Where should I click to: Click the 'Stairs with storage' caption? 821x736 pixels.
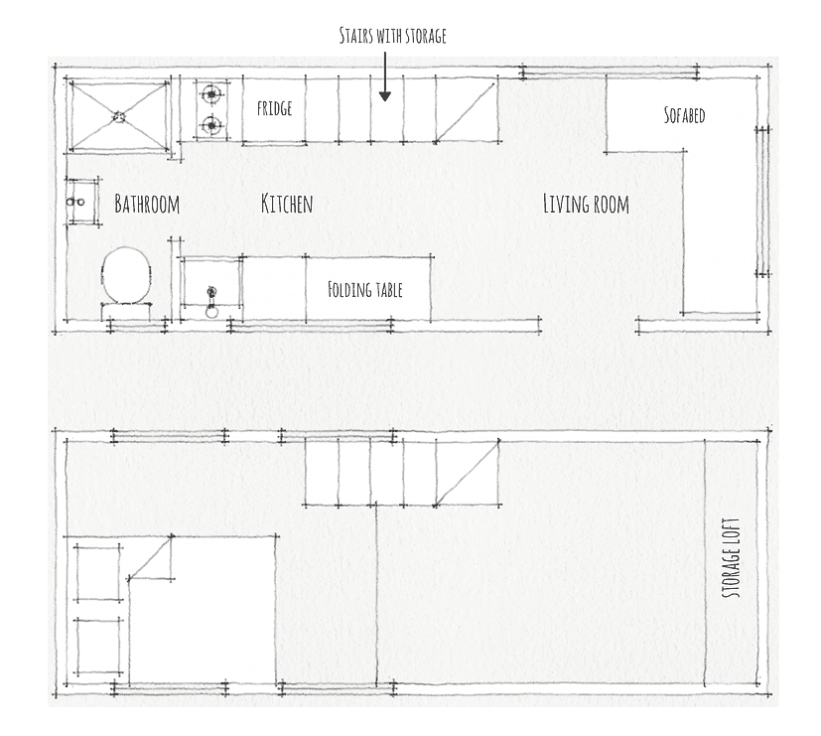tap(392, 36)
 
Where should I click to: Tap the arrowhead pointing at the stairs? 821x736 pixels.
tap(385, 96)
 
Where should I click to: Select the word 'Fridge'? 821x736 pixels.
tap(274, 108)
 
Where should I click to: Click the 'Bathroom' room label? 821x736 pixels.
tap(147, 204)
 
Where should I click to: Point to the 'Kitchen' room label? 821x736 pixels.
tap(287, 204)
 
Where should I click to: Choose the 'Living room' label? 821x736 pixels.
tap(586, 204)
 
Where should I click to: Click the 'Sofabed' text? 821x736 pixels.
tap(684, 115)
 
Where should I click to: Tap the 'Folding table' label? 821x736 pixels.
tap(365, 290)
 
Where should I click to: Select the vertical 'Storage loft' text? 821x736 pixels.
tap(732, 558)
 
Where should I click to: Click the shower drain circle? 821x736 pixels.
tap(119, 117)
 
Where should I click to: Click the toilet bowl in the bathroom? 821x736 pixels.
tap(126, 275)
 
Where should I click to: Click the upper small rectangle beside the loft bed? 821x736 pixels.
tap(99, 573)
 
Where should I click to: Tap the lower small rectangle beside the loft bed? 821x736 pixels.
tap(99, 647)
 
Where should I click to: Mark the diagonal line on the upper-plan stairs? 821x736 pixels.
tap(466, 111)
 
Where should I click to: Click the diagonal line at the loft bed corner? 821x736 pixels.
tap(150, 557)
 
